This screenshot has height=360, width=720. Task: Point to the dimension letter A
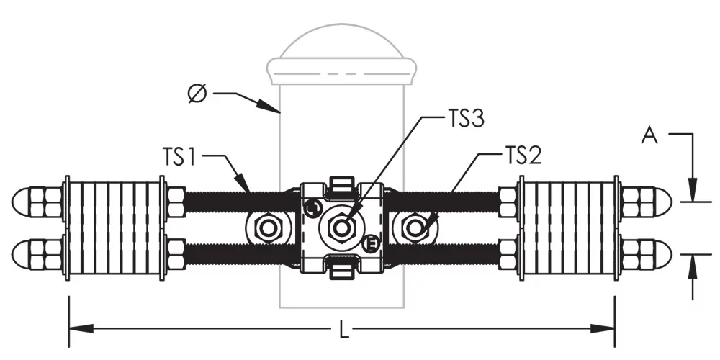[x=650, y=136]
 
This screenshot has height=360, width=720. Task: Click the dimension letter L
[x=344, y=330]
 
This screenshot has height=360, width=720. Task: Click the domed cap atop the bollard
[x=344, y=47]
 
